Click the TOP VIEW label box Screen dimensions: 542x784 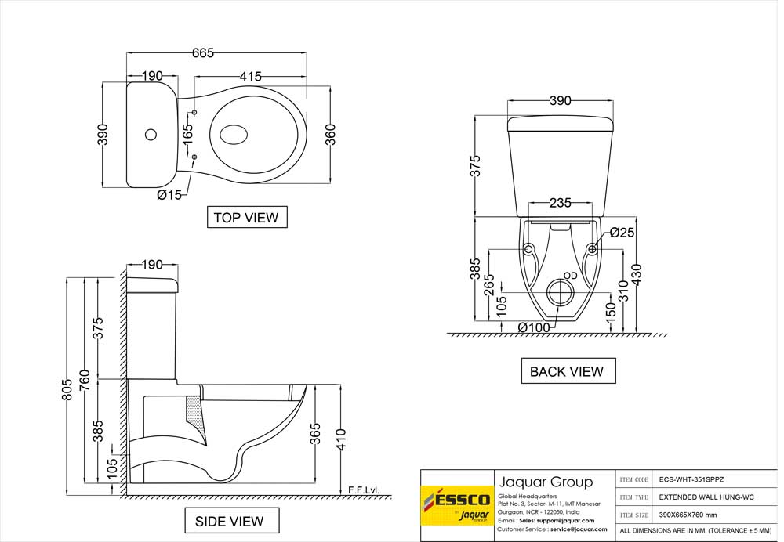tap(246, 217)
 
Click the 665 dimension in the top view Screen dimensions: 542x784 tap(202, 52)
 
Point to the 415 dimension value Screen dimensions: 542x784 tap(250, 76)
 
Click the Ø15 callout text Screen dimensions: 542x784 tap(169, 195)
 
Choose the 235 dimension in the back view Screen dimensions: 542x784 tap(559, 203)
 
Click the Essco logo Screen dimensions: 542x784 tap(456, 505)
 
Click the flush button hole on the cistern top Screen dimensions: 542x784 tap(150, 134)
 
